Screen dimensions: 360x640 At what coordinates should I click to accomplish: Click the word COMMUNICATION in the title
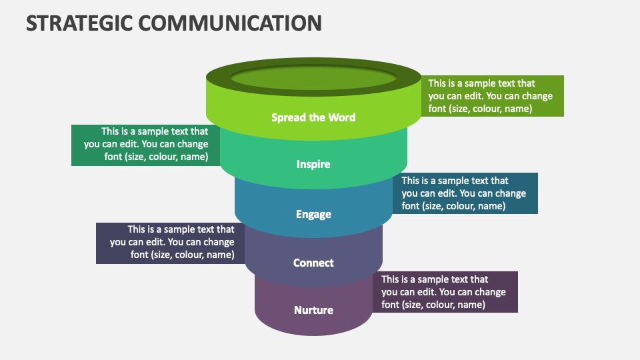pyautogui.click(x=229, y=23)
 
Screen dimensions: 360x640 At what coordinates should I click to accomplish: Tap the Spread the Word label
pyautogui.click(x=313, y=117)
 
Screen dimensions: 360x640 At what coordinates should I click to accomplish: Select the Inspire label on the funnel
pyautogui.click(x=313, y=164)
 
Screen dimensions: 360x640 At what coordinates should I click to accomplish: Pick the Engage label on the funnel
pyautogui.click(x=313, y=214)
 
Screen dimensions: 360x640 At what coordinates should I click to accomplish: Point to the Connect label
pyautogui.click(x=313, y=263)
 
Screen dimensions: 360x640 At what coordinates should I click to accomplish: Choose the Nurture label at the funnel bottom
pyautogui.click(x=313, y=310)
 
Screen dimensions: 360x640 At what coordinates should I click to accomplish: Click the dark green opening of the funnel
pyautogui.click(x=313, y=77)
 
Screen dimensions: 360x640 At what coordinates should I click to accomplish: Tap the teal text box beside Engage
pyautogui.click(x=465, y=193)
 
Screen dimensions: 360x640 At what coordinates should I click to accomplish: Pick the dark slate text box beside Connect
pyautogui.click(x=171, y=243)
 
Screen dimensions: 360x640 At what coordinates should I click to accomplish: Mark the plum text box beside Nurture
pyautogui.click(x=445, y=292)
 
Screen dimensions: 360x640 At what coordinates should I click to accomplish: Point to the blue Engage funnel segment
pyautogui.click(x=267, y=207)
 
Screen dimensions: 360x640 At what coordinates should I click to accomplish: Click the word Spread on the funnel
pyautogui.click(x=287, y=117)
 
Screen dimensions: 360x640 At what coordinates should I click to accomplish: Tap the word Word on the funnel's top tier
pyautogui.click(x=341, y=117)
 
